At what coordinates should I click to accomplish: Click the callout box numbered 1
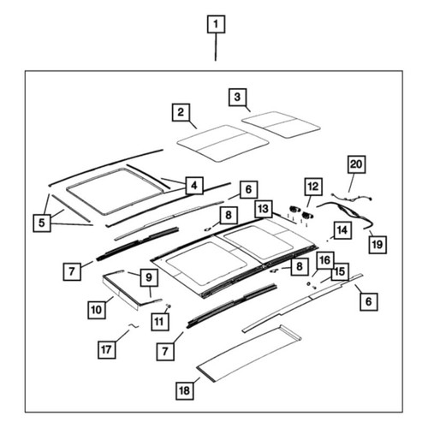tap(216, 24)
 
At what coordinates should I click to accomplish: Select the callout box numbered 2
tap(181, 112)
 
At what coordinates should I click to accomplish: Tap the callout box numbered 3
tap(237, 98)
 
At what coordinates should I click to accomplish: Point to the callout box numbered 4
tap(194, 186)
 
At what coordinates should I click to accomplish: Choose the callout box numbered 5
tap(42, 223)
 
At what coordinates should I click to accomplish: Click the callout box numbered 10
tap(97, 310)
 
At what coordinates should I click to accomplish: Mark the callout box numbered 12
tap(313, 187)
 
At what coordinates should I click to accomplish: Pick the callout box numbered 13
tap(264, 209)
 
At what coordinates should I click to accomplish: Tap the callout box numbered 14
tap(342, 230)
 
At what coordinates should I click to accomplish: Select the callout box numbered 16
tap(325, 260)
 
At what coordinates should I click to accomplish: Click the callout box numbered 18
tap(185, 390)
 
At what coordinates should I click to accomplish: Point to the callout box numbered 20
tap(356, 164)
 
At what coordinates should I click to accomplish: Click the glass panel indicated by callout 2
tap(223, 143)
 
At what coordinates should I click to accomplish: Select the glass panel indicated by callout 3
tap(281, 125)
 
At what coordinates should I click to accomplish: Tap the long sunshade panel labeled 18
tap(248, 354)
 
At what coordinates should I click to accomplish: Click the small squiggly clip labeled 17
tap(134, 326)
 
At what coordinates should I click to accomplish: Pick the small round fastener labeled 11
tap(168, 306)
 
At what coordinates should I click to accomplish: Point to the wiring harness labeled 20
tap(352, 198)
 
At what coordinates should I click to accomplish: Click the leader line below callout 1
tap(216, 47)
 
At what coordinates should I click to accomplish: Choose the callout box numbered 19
tap(377, 245)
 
